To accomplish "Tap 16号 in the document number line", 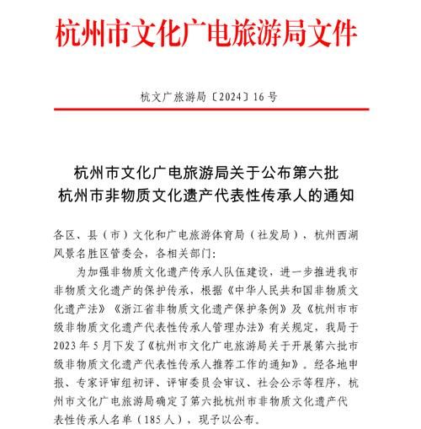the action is (x=261, y=97).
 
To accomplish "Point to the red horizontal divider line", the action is (x=210, y=110).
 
